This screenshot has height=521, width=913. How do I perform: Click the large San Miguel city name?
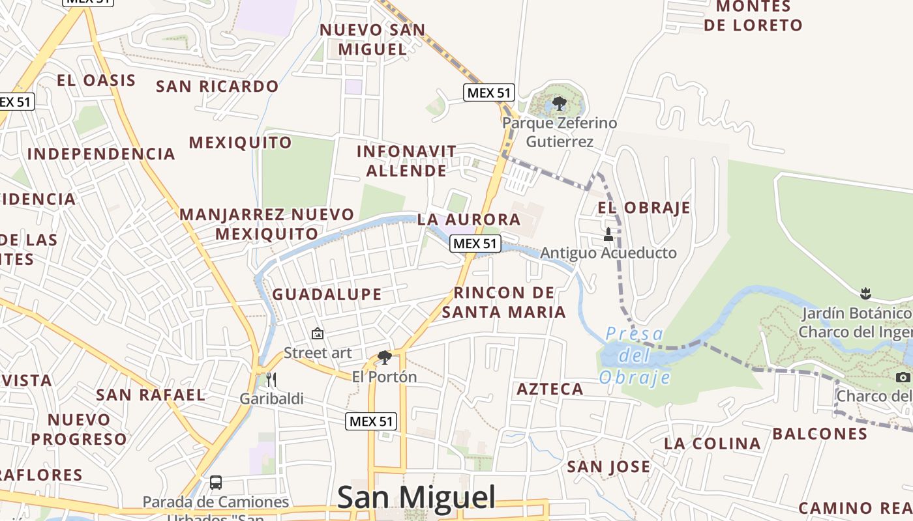click(x=416, y=498)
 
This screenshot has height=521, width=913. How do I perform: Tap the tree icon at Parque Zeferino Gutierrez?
click(x=559, y=103)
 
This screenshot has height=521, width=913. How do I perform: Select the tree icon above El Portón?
click(x=385, y=357)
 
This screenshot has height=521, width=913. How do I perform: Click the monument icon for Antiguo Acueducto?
click(x=608, y=234)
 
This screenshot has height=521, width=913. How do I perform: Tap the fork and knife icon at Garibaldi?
click(x=271, y=379)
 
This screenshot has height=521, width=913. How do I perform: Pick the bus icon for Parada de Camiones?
click(x=216, y=483)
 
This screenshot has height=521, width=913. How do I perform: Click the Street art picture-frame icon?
click(x=318, y=333)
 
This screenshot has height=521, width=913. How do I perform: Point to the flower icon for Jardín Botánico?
click(x=866, y=293)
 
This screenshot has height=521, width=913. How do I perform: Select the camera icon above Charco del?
click(x=903, y=377)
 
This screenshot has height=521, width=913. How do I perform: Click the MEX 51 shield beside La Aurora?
click(x=475, y=244)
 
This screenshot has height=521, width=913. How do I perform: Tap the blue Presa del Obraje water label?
click(x=635, y=356)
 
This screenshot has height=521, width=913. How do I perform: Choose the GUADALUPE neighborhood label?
click(x=327, y=294)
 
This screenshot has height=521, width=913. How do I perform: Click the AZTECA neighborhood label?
click(x=550, y=389)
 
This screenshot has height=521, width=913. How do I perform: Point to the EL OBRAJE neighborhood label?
click(x=644, y=208)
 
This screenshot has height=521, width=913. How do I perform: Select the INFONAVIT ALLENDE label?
click(x=406, y=161)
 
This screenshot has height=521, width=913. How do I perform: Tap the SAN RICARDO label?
click(x=217, y=86)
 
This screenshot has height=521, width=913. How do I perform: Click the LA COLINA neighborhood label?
click(x=712, y=444)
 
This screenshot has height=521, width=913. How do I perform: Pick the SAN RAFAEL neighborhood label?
click(x=151, y=395)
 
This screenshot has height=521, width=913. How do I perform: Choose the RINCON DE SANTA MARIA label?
click(x=503, y=302)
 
